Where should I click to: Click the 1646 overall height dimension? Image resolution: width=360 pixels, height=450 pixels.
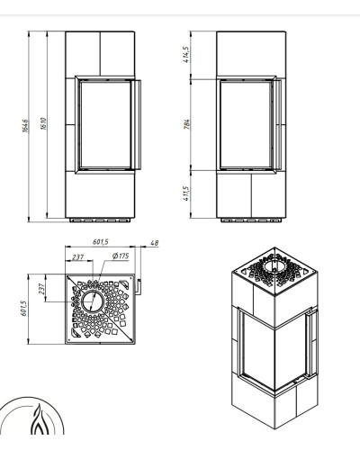coord(25,126)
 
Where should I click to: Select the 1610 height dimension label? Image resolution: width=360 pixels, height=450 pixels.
coord(43,123)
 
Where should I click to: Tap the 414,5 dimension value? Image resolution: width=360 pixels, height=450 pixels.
coord(186,55)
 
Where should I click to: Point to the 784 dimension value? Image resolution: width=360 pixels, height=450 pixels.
coord(186,124)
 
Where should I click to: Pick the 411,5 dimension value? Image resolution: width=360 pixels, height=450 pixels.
coord(186,193)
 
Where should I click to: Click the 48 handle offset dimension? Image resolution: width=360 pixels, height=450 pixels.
coord(154,243)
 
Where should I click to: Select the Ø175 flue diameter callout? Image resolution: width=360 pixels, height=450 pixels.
coord(121,256)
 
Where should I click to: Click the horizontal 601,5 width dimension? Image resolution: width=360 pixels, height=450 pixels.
coord(101,241)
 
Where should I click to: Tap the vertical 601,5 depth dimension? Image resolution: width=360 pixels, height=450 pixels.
coord(23,309)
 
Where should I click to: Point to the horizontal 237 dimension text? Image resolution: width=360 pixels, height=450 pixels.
coord(77,257)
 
